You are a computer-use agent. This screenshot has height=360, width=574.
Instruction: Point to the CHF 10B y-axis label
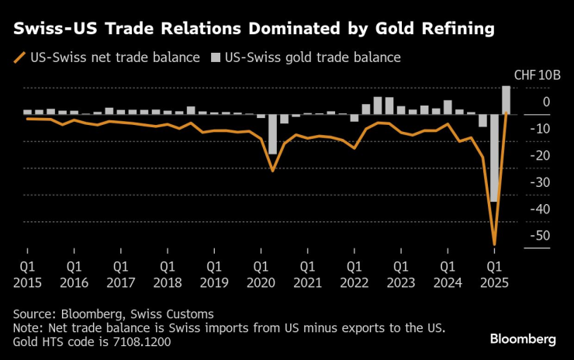[x=532, y=75]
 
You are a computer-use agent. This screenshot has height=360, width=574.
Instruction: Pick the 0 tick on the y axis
[x=546, y=102]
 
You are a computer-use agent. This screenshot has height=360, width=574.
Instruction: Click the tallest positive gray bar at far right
[x=506, y=99]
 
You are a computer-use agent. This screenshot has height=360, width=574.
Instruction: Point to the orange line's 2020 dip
[x=272, y=170]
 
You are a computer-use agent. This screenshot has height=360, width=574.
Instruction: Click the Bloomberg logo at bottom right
[x=523, y=339]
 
